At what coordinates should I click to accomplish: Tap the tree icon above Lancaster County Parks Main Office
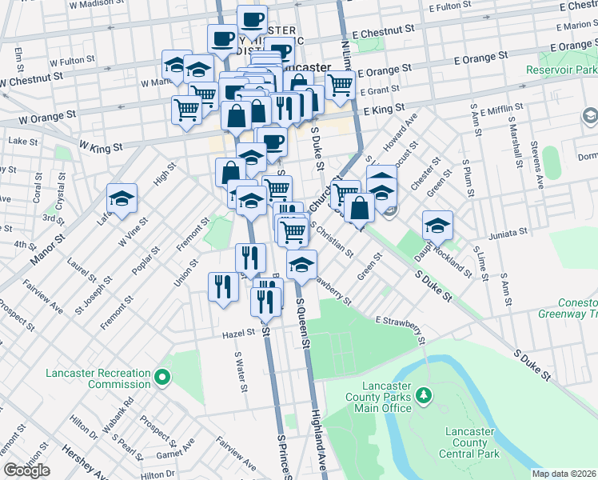coord(425,395)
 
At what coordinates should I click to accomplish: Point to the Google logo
coord(26,470)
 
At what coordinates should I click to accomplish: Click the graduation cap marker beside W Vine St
coord(122,200)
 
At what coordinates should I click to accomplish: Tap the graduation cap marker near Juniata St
coord(437,226)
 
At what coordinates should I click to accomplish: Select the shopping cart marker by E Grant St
coord(341,84)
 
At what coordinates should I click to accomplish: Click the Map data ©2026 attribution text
coord(564,474)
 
